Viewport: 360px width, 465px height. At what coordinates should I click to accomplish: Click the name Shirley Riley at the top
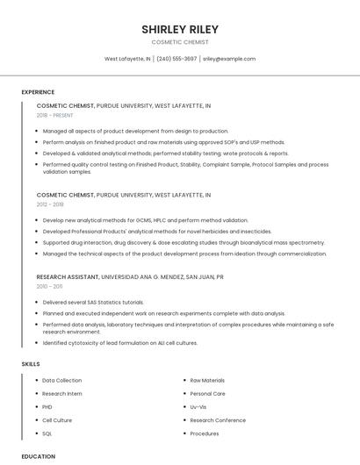[x=180, y=29]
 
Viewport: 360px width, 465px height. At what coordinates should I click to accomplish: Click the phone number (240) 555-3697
[x=176, y=59]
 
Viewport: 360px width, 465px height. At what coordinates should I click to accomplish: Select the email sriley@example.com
[x=229, y=59]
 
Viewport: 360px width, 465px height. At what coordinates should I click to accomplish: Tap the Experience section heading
[x=38, y=92]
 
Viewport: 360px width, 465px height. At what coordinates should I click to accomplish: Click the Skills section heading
[x=31, y=363]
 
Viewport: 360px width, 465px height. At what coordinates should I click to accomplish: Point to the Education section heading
[x=39, y=456]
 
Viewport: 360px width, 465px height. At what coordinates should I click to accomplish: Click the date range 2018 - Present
[x=56, y=115]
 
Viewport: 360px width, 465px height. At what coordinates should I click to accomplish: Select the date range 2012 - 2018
[x=50, y=204]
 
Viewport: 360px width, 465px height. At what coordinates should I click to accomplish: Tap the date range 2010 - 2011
[x=49, y=286]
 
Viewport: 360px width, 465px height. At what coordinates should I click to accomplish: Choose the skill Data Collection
[x=61, y=381]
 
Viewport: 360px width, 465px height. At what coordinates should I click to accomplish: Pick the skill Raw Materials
[x=207, y=381]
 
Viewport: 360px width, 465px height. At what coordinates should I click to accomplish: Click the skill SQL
[x=47, y=433]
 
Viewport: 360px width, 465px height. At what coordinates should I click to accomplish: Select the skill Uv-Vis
[x=198, y=407]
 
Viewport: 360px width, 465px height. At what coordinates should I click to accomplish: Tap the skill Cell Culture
[x=58, y=420]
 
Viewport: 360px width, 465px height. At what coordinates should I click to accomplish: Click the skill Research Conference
[x=218, y=420]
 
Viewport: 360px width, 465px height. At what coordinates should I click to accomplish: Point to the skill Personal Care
[x=207, y=394]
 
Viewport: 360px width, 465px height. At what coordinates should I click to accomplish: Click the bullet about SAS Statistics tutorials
[x=93, y=302]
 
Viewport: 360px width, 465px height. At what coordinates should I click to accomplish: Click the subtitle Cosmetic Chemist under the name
[x=180, y=42]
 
